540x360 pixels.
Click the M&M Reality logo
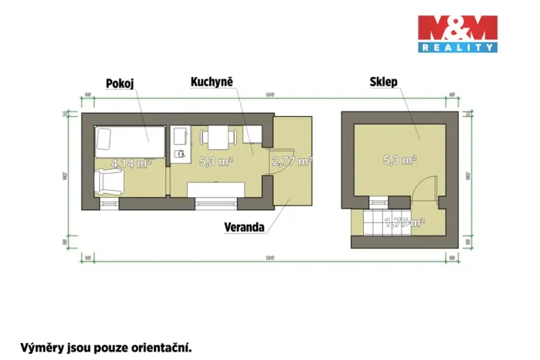coord(457,33)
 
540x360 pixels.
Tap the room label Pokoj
coord(120,83)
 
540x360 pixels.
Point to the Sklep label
coord(383,82)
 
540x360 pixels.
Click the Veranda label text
coord(245,227)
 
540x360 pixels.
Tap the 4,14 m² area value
coord(131,163)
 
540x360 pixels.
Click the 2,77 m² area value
coord(292,162)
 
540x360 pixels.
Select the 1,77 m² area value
coord(404,223)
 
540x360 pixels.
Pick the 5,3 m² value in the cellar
coord(400,161)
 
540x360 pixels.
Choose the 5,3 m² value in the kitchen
coord(215,162)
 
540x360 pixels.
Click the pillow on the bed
coord(104,139)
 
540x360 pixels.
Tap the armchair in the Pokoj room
coord(107,184)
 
